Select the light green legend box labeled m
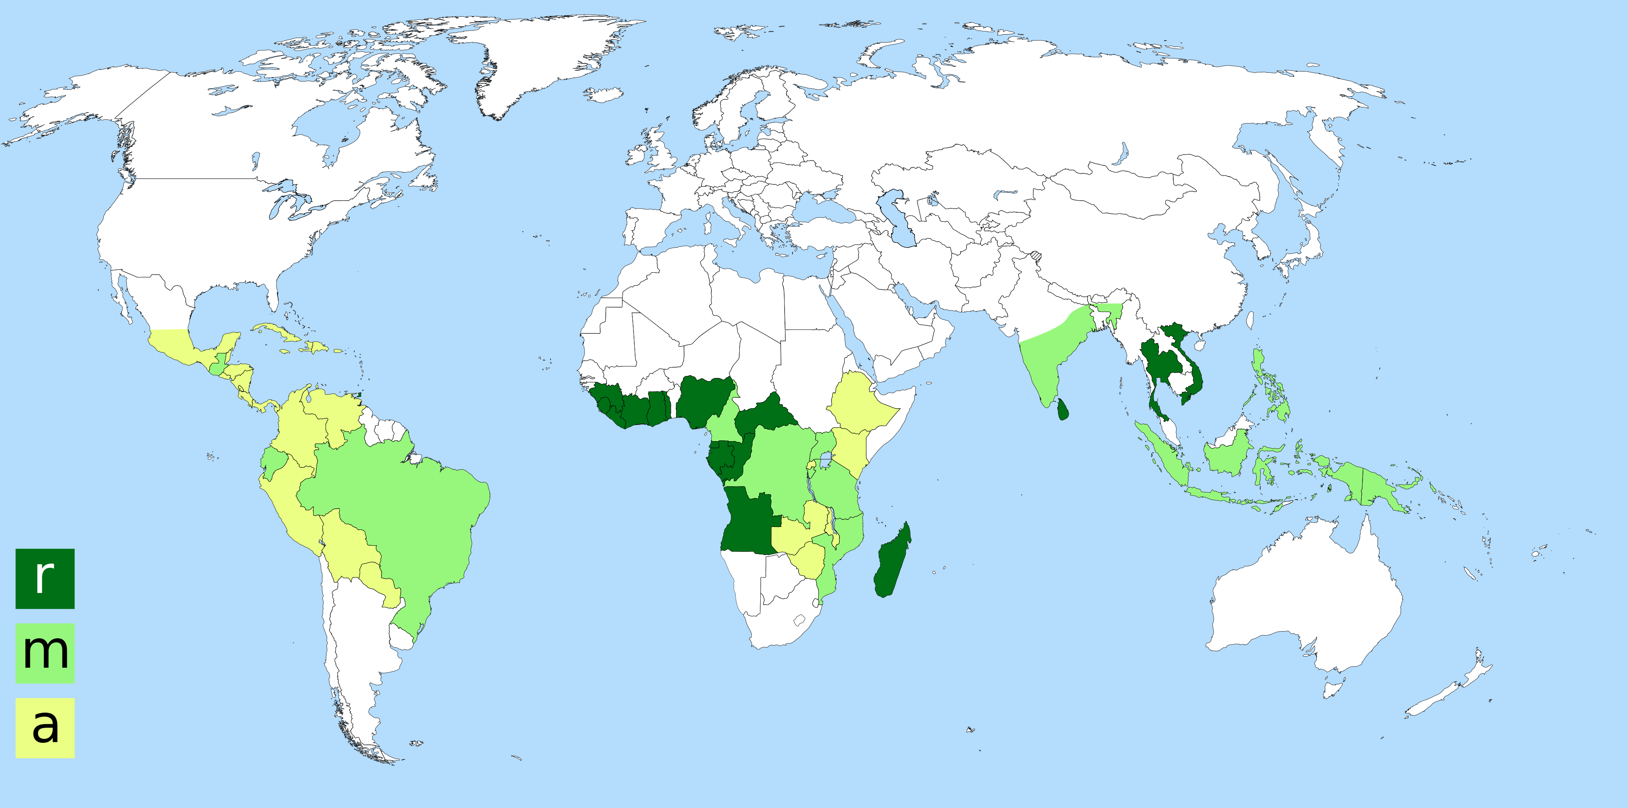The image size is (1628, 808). point(45,653)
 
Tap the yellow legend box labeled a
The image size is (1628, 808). point(45,727)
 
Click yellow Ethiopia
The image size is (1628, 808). point(859,404)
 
